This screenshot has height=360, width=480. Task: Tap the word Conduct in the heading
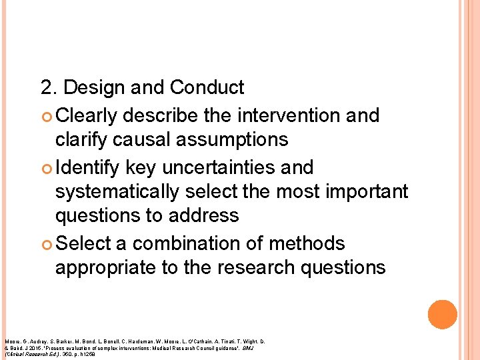point(207,87)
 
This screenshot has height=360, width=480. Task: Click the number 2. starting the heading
point(49,87)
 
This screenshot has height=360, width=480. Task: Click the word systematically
point(117,191)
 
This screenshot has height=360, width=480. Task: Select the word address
point(202,215)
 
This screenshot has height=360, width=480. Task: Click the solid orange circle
point(443,315)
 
